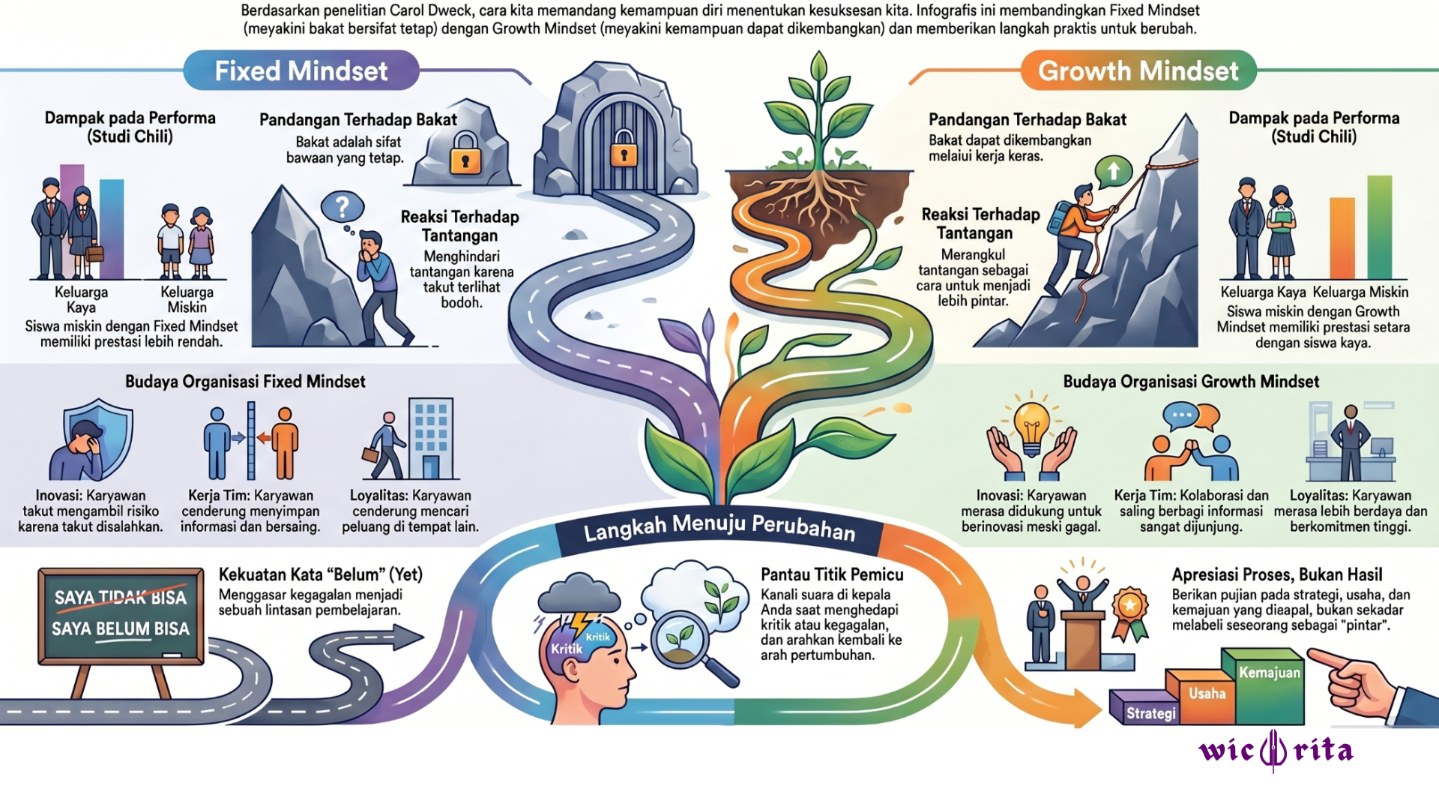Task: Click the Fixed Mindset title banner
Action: tap(301, 70)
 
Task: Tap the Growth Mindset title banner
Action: tap(1138, 70)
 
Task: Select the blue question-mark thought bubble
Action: tap(343, 207)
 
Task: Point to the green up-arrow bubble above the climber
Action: tap(1113, 172)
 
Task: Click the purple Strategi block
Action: tap(1144, 707)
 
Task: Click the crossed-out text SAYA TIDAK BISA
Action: tap(120, 598)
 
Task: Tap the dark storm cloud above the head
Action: tap(579, 594)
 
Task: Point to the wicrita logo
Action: tap(1276, 750)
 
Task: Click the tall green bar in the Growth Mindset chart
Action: tap(1380, 227)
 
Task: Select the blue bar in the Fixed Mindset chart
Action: tap(112, 229)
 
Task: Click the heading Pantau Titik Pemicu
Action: tap(832, 574)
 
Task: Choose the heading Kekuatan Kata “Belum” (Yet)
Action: tap(321, 574)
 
